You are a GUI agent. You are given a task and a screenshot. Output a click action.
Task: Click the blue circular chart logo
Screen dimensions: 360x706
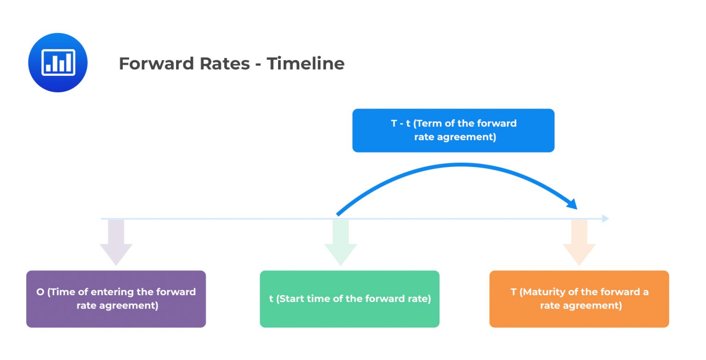pyautogui.click(x=57, y=63)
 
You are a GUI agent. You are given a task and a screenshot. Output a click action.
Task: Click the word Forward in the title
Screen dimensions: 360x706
pyautogui.click(x=150, y=63)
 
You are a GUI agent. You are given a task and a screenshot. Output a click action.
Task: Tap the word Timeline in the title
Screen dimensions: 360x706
pyautogui.click(x=306, y=63)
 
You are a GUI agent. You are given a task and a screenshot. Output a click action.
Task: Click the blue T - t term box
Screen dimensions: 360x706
pyautogui.click(x=453, y=130)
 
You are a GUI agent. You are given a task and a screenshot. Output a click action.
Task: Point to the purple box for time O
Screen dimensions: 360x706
pyautogui.click(x=116, y=299)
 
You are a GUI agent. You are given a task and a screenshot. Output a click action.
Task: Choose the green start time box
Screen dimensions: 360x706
pyautogui.click(x=349, y=299)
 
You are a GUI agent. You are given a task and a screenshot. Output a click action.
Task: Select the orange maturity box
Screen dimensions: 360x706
pyautogui.click(x=579, y=299)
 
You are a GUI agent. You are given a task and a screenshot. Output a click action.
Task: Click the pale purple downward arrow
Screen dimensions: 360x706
pyautogui.click(x=116, y=244)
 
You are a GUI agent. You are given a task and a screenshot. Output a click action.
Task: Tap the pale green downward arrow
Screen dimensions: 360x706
pyautogui.click(x=341, y=244)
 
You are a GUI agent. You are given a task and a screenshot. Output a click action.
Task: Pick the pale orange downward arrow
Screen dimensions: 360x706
pyautogui.click(x=579, y=244)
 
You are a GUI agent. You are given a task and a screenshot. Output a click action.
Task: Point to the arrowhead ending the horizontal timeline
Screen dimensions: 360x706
pyautogui.click(x=605, y=218)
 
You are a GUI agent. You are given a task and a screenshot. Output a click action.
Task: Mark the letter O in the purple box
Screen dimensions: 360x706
pyautogui.click(x=40, y=292)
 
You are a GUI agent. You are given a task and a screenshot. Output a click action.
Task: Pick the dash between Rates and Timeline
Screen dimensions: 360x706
pyautogui.click(x=258, y=64)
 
